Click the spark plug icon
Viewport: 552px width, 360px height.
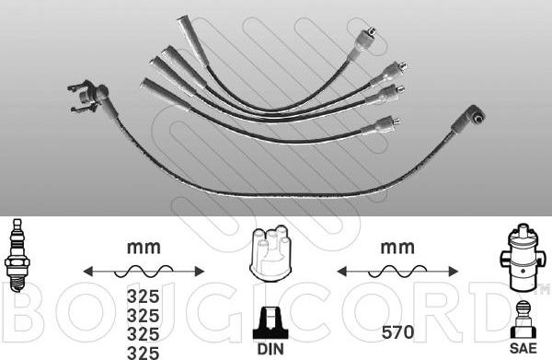coord(17,255)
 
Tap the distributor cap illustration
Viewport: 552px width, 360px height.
coord(270,253)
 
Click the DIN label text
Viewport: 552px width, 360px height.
coord(270,349)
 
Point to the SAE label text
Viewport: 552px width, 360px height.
coord(523,348)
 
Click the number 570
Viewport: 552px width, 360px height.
coord(397,332)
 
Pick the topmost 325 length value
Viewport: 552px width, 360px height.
coord(143,296)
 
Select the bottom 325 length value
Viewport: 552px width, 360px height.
coord(143,353)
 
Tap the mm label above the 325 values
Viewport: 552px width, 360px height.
coord(144,248)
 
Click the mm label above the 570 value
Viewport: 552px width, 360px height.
coord(397,248)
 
